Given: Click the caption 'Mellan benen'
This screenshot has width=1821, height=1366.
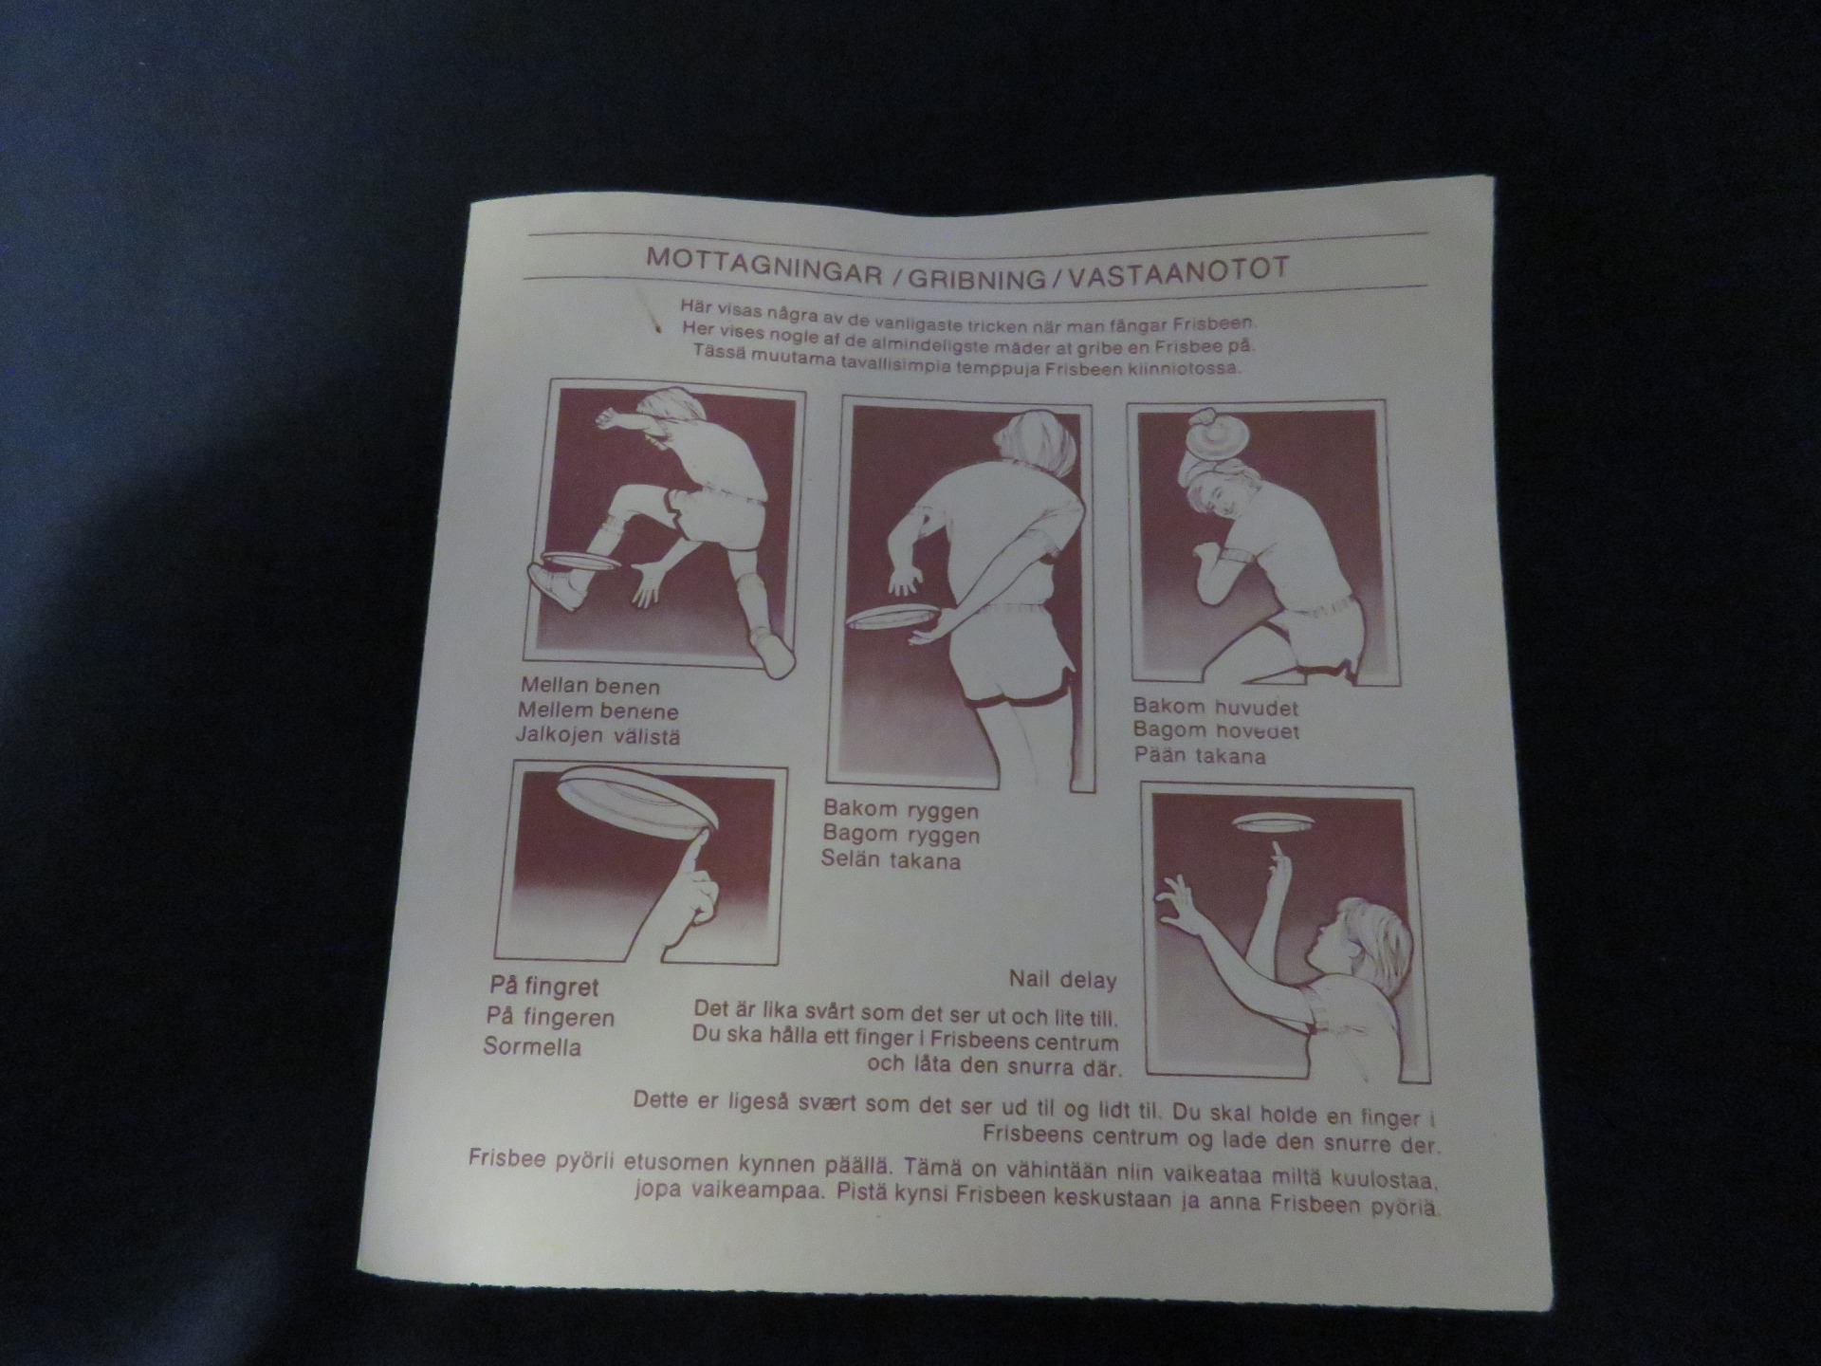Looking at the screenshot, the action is tap(590, 686).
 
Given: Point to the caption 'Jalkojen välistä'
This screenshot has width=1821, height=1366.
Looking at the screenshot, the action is tap(598, 735).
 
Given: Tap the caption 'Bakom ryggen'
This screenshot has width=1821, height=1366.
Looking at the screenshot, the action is tap(901, 810).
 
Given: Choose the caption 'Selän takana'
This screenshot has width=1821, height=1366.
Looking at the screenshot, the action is tap(891, 860).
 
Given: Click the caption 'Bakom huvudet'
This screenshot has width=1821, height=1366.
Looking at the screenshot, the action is tap(1216, 707).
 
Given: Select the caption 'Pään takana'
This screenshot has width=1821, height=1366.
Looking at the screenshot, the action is tap(1200, 756).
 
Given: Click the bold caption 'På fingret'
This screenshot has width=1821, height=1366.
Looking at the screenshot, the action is tap(544, 987).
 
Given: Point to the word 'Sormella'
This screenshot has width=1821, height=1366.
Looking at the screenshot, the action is tap(532, 1046).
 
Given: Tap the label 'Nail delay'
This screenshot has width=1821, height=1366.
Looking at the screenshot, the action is tap(1062, 979).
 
